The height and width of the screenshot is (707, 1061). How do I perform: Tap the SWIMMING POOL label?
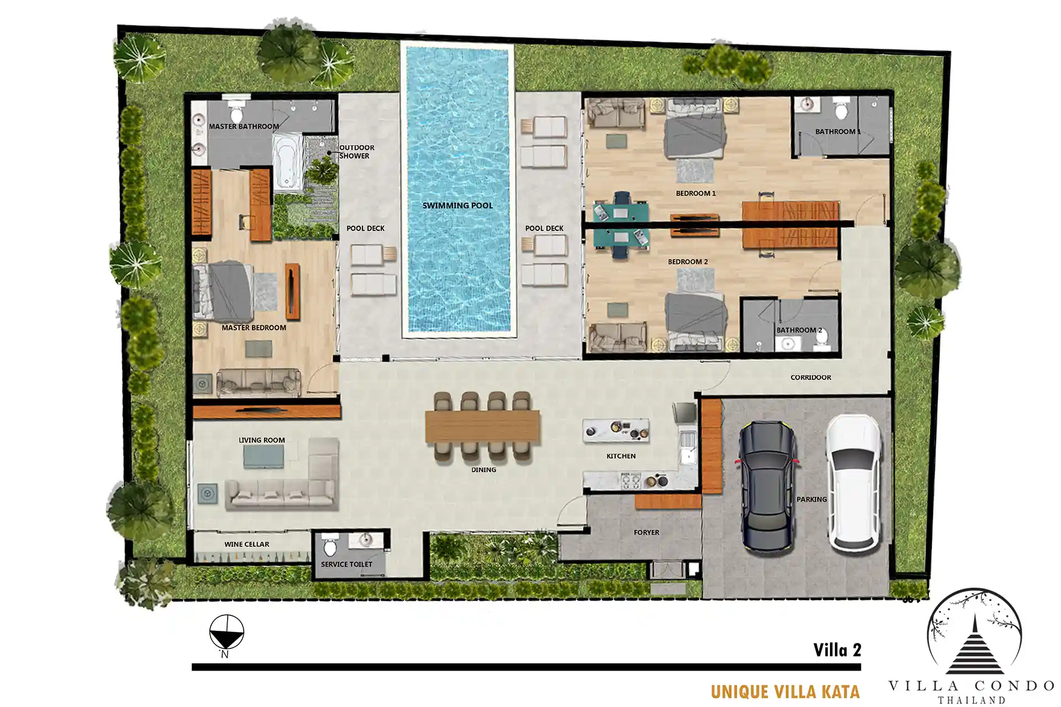click(x=458, y=205)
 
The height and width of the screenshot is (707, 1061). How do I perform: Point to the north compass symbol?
click(x=227, y=633)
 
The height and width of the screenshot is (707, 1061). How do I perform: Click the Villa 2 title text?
click(x=837, y=650)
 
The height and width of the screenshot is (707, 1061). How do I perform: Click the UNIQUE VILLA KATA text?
click(x=785, y=692)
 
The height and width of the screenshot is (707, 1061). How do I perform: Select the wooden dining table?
click(x=482, y=426)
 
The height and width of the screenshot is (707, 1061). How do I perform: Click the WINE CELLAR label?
click(x=247, y=544)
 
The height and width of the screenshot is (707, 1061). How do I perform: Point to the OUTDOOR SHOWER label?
click(x=356, y=152)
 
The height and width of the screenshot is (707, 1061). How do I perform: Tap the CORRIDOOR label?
click(x=811, y=378)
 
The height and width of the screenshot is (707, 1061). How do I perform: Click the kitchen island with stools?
click(x=616, y=431)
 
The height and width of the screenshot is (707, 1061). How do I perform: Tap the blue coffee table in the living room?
click(x=264, y=457)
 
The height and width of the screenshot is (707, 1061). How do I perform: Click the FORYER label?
click(x=647, y=532)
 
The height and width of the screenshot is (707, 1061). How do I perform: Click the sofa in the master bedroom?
click(x=259, y=382)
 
